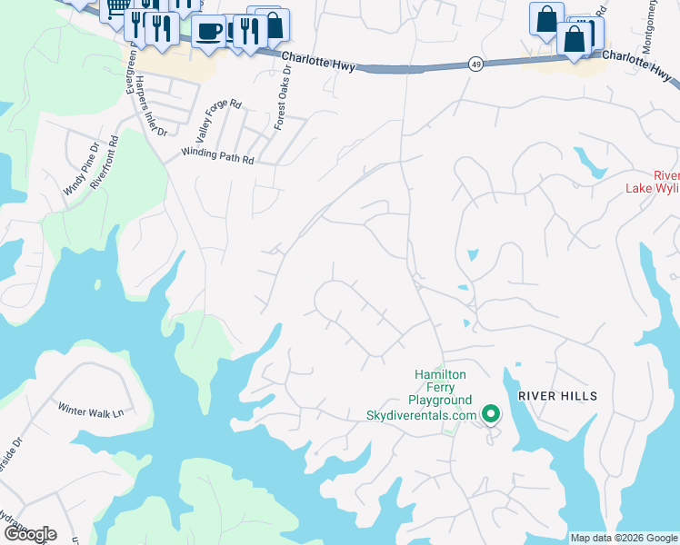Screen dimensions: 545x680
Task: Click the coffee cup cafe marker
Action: pos(208,31)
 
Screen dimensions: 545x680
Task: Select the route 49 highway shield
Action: pos(475,64)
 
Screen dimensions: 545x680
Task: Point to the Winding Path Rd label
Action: pos(217,156)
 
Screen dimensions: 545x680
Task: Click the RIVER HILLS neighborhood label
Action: pos(558,396)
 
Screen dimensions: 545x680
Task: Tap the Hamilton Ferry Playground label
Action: pos(441,387)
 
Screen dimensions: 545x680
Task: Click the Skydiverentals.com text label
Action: pos(421,415)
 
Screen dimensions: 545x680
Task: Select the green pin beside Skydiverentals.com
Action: pos(491,415)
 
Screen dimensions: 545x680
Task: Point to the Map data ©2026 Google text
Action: pos(624,538)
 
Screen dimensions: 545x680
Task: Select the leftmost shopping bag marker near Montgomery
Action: pos(545,19)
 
